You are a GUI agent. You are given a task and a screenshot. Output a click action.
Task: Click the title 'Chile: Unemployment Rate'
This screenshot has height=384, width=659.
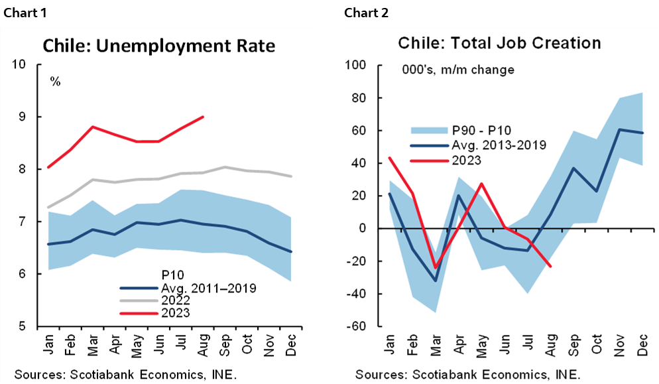pyautogui.click(x=158, y=46)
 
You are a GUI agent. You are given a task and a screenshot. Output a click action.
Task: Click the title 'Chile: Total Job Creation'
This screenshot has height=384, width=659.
pyautogui.click(x=499, y=43)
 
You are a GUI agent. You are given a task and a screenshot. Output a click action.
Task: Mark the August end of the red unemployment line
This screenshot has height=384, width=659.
pyautogui.click(x=203, y=117)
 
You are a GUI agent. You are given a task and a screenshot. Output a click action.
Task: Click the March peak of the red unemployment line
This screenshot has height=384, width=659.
pyautogui.click(x=93, y=127)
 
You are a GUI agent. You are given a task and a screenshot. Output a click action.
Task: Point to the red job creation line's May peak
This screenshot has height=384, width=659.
pyautogui.click(x=481, y=184)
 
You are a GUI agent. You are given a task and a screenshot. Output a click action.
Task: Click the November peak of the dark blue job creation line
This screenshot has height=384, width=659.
pyautogui.click(x=619, y=129)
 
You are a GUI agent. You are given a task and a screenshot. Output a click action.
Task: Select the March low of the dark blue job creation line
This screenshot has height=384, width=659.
pyautogui.click(x=435, y=281)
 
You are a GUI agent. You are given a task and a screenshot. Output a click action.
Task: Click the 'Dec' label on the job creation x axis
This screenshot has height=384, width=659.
pyautogui.click(x=642, y=346)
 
